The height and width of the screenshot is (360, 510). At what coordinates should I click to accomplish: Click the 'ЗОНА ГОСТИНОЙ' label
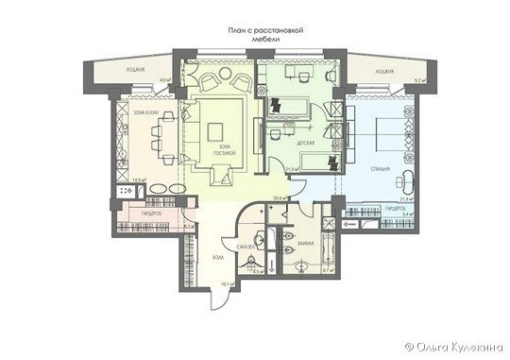225,150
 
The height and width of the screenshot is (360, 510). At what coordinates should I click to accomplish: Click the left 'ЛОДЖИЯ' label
142,70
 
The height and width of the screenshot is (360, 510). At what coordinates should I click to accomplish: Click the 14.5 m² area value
137,180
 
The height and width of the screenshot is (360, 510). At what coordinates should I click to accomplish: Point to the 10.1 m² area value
228,283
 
